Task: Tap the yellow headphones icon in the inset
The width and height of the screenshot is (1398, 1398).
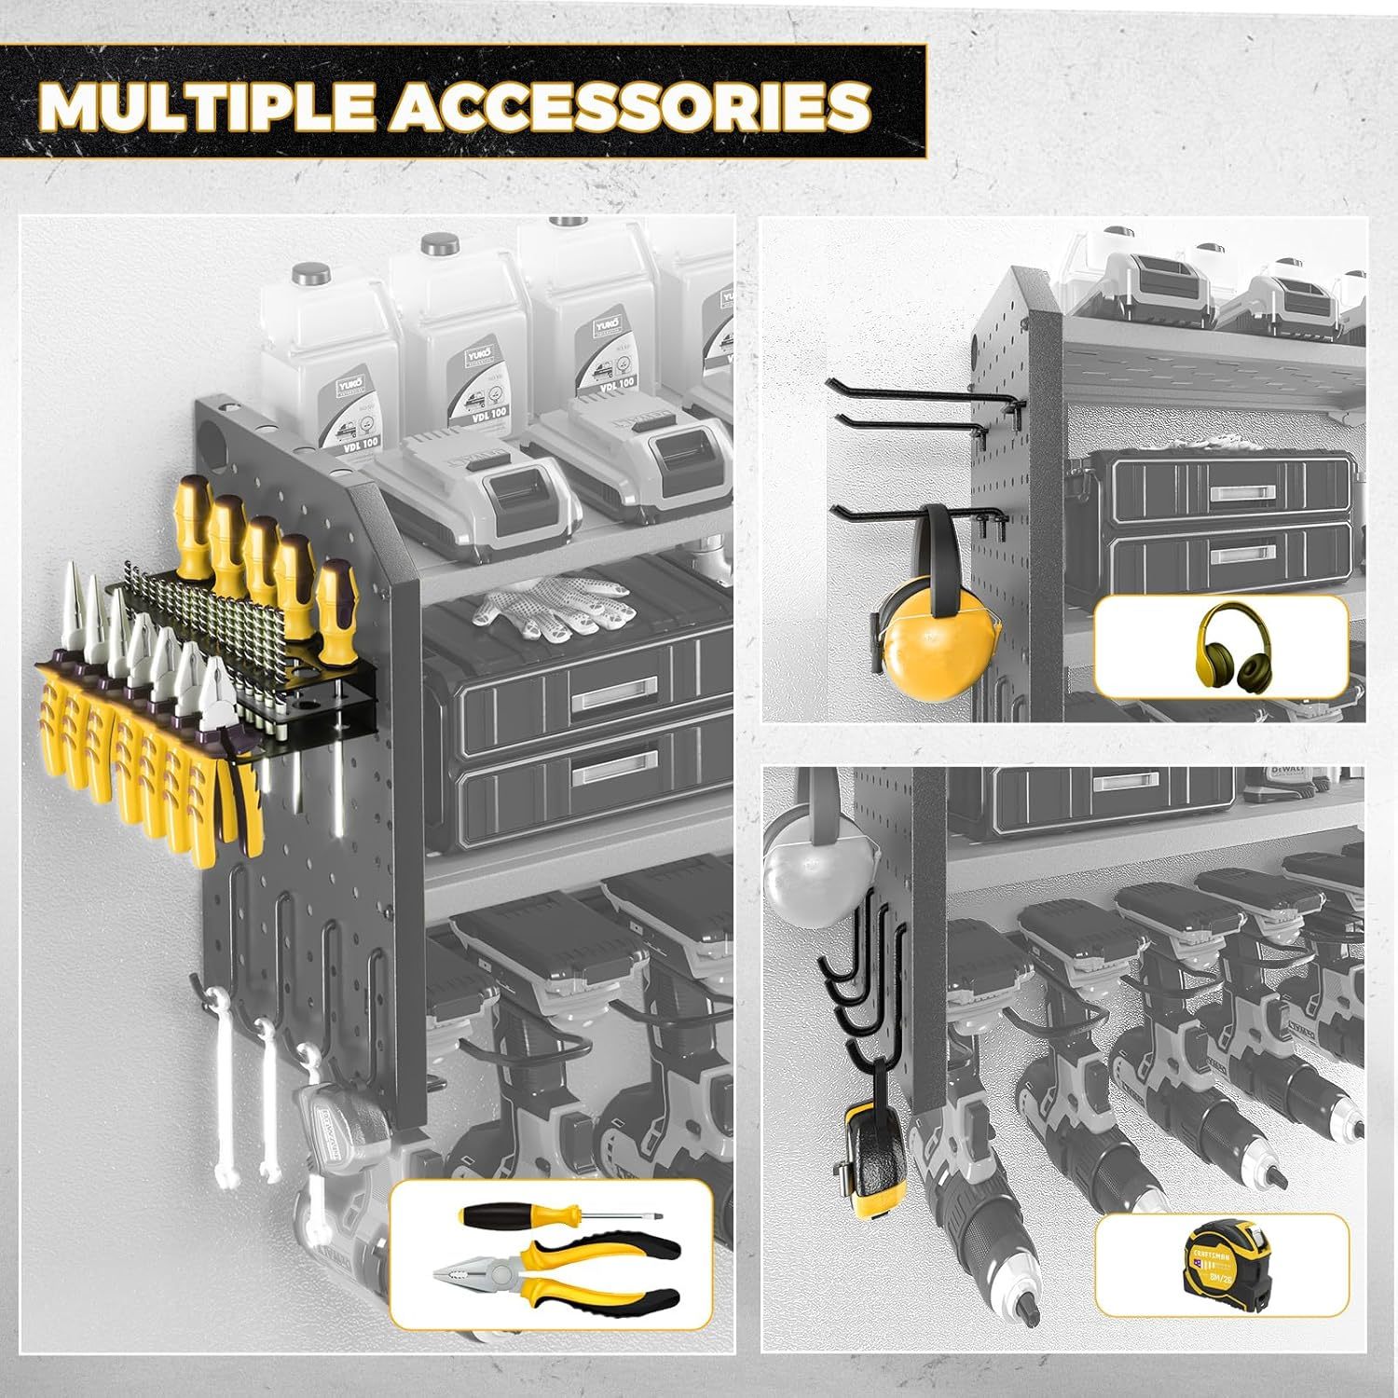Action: (1222, 645)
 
